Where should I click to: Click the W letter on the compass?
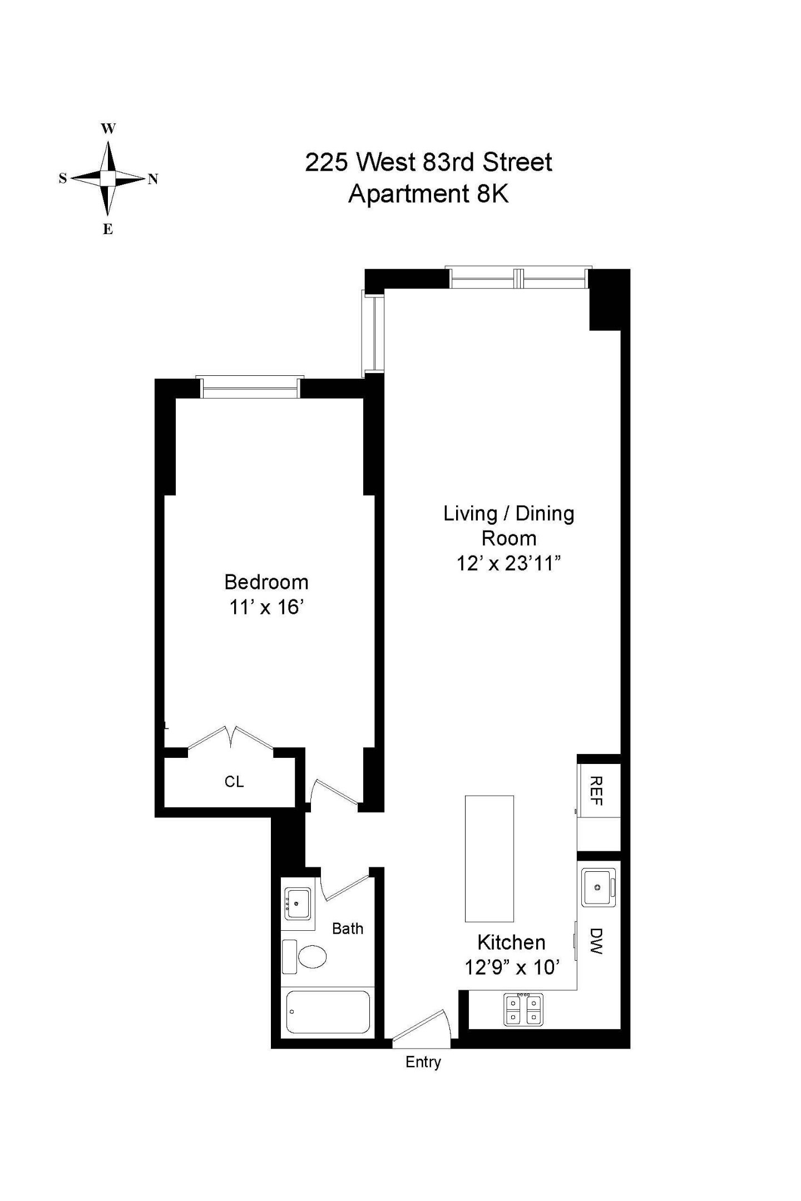click(108, 129)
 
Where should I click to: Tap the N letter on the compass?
click(153, 179)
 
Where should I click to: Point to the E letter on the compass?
click(108, 229)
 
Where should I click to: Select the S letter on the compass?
click(63, 178)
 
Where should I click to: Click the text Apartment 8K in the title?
click(428, 194)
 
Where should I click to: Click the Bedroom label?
click(266, 582)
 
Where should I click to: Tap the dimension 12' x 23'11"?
click(508, 563)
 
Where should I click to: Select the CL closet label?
click(234, 781)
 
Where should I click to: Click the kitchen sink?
click(599, 887)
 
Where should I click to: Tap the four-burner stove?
click(523, 1009)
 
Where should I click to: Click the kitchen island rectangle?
click(489, 858)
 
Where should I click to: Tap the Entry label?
click(423, 1062)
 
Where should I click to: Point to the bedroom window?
click(250, 387)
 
